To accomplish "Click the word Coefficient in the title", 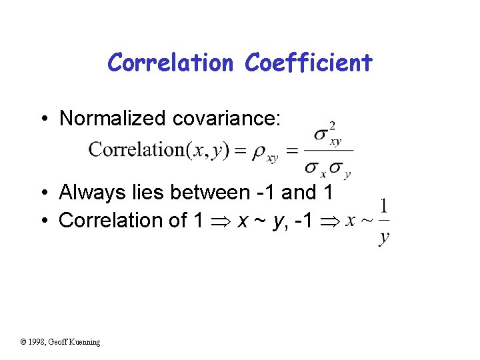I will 308,63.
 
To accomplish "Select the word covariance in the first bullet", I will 227,119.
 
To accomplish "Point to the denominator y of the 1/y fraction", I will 384,237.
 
